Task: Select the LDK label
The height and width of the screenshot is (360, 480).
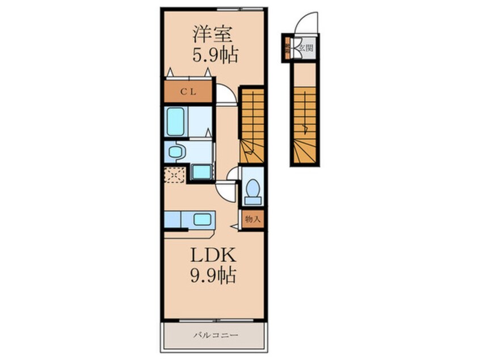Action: pos(213,256)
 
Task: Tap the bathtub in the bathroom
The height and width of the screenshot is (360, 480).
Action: pos(176,122)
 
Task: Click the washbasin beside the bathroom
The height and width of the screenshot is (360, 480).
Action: pos(176,152)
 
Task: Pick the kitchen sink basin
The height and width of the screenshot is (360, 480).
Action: pos(201,219)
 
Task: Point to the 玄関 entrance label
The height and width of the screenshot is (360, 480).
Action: pos(306,48)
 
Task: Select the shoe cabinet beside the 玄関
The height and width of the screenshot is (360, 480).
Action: pos(288,48)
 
